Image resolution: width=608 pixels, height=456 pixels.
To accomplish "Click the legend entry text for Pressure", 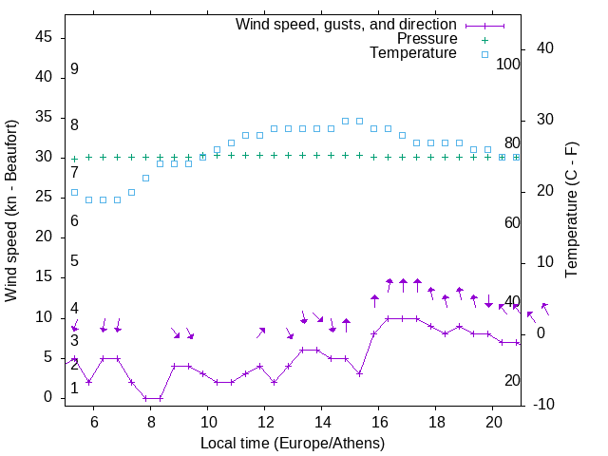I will click(x=427, y=39).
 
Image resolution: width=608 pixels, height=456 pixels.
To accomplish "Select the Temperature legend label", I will click(x=413, y=53).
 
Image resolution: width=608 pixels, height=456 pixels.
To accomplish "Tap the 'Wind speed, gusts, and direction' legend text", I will click(x=347, y=24).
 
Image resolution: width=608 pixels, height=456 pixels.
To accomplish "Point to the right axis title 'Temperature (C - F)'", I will click(x=572, y=211).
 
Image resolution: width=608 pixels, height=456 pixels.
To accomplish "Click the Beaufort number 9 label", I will click(x=74, y=69).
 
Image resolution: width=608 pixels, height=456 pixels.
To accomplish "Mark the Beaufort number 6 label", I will click(x=74, y=221).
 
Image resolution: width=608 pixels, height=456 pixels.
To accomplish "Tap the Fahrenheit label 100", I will click(x=508, y=64).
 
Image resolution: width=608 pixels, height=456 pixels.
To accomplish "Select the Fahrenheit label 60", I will click(x=512, y=222).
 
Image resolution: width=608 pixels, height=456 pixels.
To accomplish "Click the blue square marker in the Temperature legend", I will click(x=484, y=54).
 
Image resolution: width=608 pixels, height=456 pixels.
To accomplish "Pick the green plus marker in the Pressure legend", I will click(x=484, y=40).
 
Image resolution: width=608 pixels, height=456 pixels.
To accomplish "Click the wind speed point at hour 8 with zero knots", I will click(x=146, y=398).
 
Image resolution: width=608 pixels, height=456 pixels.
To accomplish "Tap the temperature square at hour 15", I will click(x=359, y=121).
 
